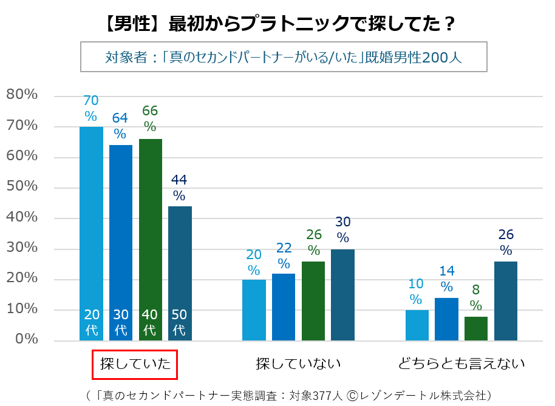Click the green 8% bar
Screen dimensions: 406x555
[475, 328]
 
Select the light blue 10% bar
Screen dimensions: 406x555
[417, 325]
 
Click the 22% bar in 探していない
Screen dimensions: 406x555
[283, 307]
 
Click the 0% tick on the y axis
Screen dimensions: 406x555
[26, 340]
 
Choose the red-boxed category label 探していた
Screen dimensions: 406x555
[134, 364]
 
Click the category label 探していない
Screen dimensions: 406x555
[298, 364]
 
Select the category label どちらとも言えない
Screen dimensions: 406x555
[461, 364]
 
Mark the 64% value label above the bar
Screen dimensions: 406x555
[120, 125]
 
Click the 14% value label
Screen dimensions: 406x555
[446, 279]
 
